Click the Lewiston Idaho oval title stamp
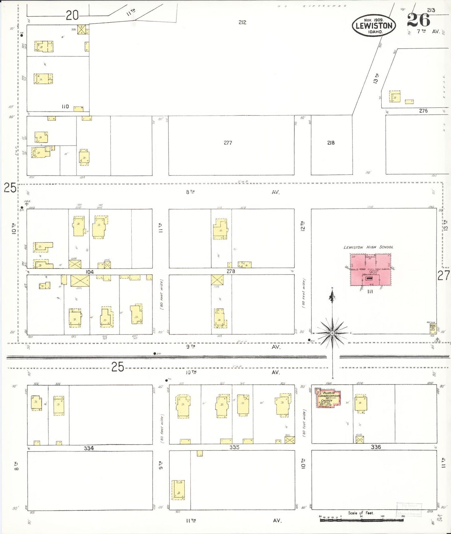374,26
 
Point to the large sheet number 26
418,20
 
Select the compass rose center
332,333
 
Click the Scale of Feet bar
361,520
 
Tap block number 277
228,143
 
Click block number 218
331,143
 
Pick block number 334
89,448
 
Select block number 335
234,447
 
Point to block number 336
376,447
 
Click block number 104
90,272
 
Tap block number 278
231,271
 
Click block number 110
65,107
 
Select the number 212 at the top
242,22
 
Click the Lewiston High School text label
368,247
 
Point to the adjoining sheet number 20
72,15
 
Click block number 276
423,111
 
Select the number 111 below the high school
370,292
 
